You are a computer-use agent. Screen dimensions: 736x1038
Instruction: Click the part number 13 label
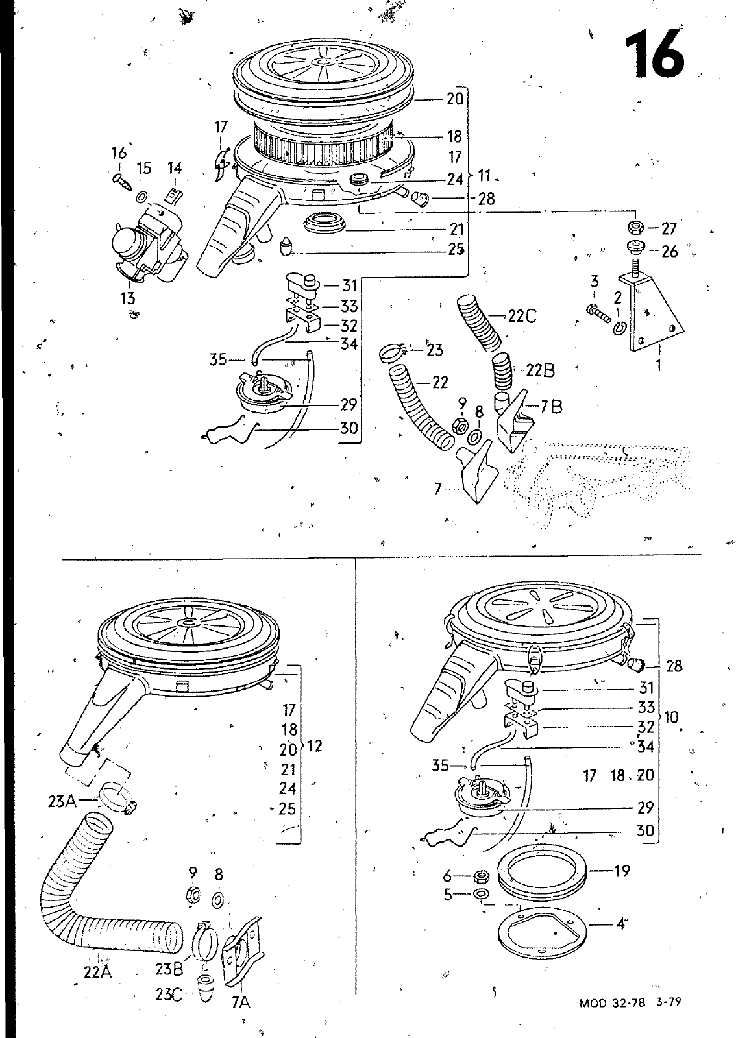tap(128, 298)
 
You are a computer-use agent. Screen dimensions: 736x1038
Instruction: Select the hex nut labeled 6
tap(479, 876)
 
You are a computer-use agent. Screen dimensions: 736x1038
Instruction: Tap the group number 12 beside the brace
tap(314, 745)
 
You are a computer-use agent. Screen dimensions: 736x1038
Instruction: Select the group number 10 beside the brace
tap(671, 718)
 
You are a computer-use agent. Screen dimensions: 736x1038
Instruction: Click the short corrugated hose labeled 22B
tap(502, 370)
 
